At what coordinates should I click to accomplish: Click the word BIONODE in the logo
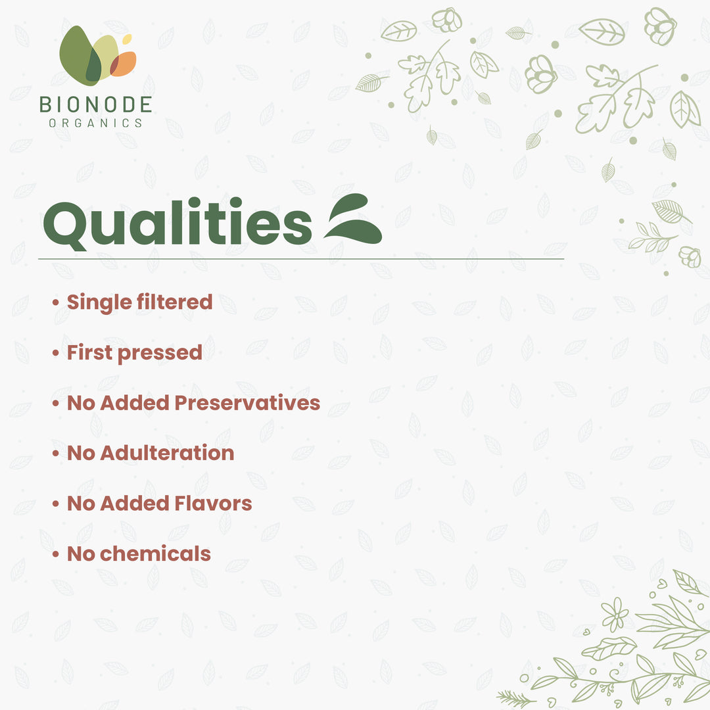tap(95, 104)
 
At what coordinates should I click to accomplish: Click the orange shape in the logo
tap(125, 63)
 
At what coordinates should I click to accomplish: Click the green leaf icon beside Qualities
tap(354, 220)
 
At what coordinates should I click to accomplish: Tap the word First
tap(89, 352)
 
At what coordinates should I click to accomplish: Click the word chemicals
tap(155, 554)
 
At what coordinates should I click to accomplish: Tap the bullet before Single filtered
tap(56, 303)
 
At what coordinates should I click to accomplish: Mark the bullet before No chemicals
tap(56, 554)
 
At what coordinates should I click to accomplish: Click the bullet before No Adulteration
tap(56, 454)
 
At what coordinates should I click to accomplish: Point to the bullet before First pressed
tap(56, 353)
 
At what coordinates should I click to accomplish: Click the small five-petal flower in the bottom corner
tap(615, 614)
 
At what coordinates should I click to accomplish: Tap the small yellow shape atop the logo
tap(127, 39)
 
